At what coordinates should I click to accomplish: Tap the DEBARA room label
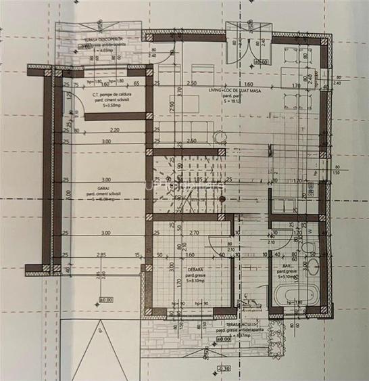coord(197,268)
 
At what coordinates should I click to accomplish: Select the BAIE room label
coord(282,268)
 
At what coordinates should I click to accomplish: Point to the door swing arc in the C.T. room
coord(70,125)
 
